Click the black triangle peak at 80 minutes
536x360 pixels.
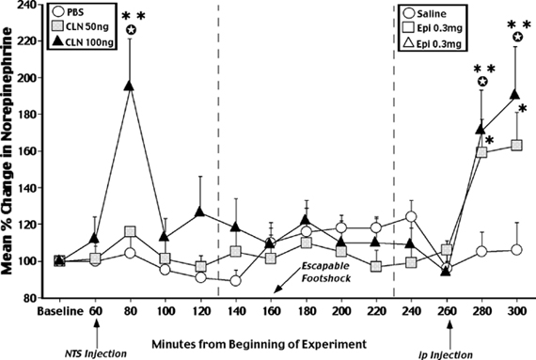pyautogui.click(x=130, y=86)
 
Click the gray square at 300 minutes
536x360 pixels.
pyautogui.click(x=515, y=145)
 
